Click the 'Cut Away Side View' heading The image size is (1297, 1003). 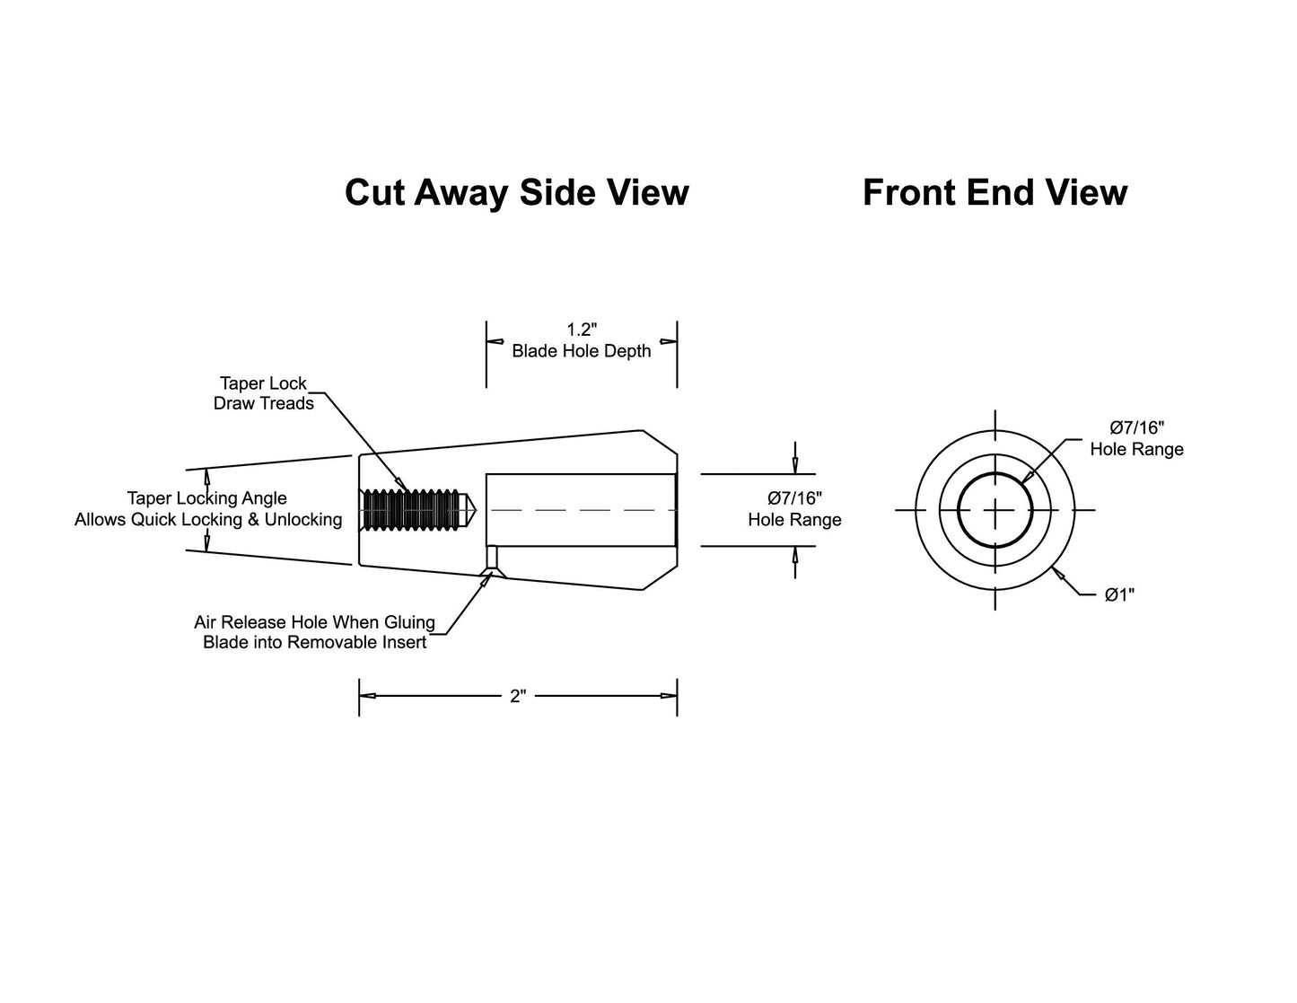(517, 193)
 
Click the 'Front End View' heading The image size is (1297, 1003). (995, 193)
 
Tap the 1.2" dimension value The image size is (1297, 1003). (582, 330)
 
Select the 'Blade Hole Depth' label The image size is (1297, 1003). (582, 351)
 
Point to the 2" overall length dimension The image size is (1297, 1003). (518, 696)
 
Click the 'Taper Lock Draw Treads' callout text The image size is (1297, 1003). (263, 393)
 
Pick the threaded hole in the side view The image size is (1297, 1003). (417, 510)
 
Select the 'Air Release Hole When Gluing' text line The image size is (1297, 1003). (314, 622)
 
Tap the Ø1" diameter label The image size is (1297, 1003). (1119, 594)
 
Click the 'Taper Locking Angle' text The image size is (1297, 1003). (206, 498)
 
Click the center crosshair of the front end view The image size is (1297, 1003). (995, 510)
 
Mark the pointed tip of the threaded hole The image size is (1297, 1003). (477, 510)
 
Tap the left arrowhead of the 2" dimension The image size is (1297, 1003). (366, 696)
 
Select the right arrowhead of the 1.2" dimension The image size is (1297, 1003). (669, 341)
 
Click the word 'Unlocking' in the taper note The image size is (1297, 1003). (303, 520)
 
